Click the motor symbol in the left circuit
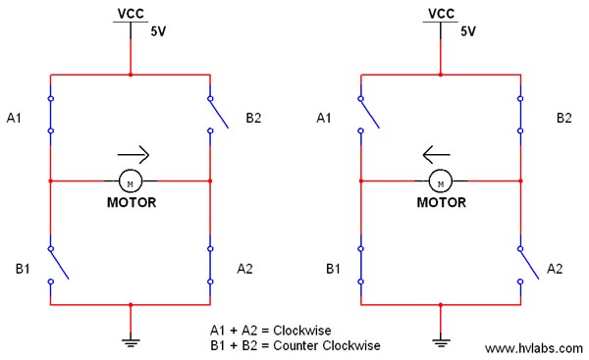click(x=131, y=181)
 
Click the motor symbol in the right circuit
click(x=441, y=181)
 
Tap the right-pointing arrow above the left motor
click(x=134, y=154)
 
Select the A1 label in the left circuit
click(x=15, y=119)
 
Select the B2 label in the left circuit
click(x=253, y=119)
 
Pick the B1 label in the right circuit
click(x=332, y=267)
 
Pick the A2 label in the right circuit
click(x=555, y=267)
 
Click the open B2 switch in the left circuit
click(x=218, y=113)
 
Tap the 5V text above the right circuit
click(x=468, y=31)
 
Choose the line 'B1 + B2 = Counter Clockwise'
click(x=294, y=345)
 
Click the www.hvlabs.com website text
click(x=532, y=348)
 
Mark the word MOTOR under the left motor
click(x=131, y=204)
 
